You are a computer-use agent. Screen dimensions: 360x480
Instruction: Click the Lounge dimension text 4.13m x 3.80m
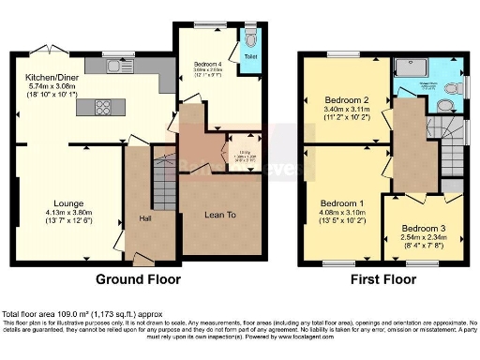tap(69, 213)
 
